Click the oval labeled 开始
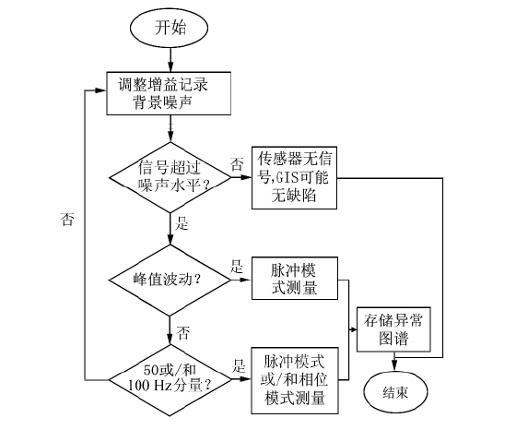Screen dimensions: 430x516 (x=169, y=28)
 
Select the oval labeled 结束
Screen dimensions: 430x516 (x=396, y=392)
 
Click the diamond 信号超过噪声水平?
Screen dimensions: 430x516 (x=170, y=175)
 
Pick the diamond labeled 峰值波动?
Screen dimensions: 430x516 (x=170, y=276)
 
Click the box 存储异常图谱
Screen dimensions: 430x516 (x=396, y=330)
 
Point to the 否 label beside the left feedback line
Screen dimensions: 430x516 (x=66, y=219)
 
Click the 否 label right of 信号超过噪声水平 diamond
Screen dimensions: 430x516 (x=237, y=164)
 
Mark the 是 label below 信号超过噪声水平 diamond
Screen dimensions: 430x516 (x=182, y=224)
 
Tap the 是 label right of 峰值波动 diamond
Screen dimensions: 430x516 (x=236, y=265)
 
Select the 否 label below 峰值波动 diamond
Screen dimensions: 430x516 (x=182, y=330)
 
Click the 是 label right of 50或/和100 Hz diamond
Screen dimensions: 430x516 (x=238, y=365)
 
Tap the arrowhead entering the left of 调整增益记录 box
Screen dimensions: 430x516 (x=101, y=92)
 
